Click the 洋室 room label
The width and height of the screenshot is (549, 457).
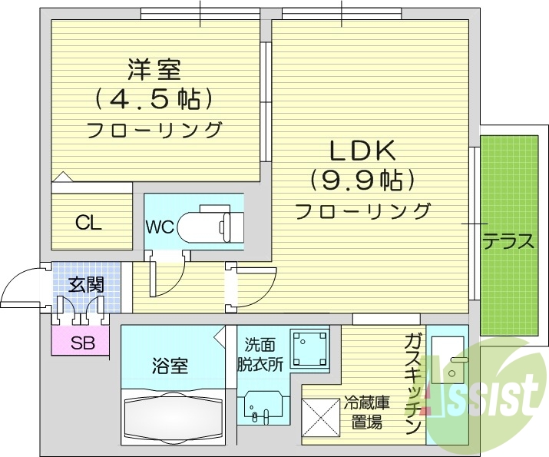tap(154, 71)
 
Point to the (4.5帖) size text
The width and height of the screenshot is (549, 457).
tap(154, 99)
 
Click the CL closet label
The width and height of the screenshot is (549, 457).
tap(88, 224)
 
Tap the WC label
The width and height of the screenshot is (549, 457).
tap(160, 227)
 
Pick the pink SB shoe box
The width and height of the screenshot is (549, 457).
tap(81, 343)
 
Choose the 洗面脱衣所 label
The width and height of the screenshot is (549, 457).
tap(263, 355)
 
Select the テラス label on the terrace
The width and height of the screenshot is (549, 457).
tap(508, 242)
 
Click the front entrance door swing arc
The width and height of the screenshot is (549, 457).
tap(20, 286)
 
